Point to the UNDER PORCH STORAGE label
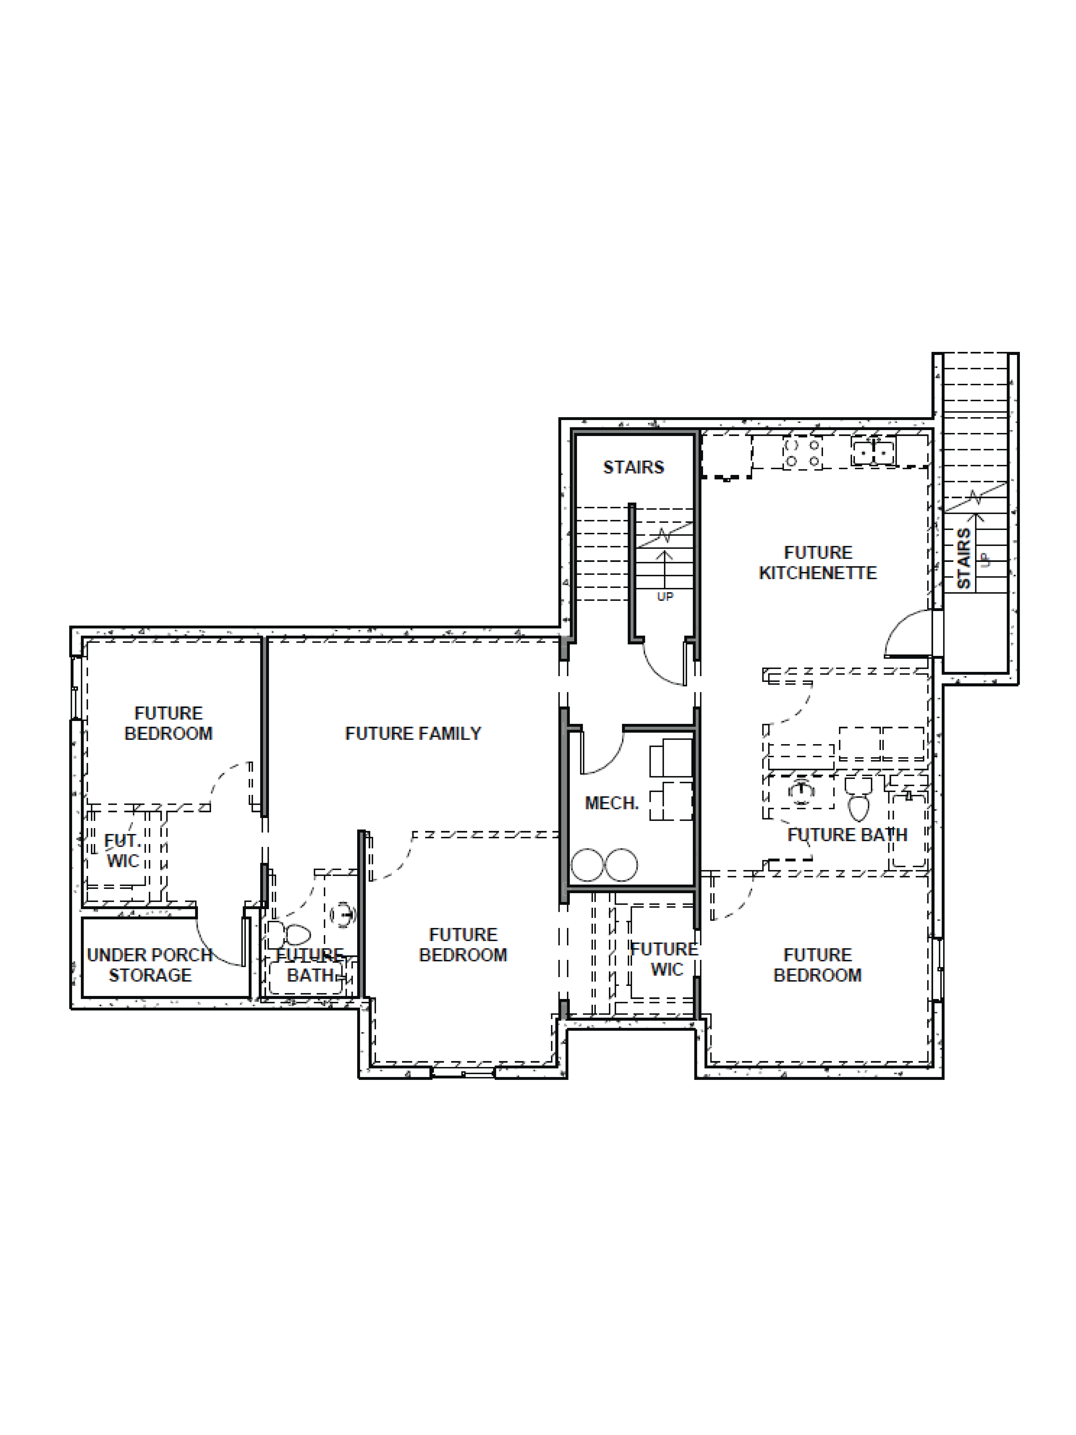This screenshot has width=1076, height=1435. click(150, 965)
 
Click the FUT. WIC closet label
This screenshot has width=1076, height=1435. click(123, 851)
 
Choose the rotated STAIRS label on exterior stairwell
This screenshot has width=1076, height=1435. click(964, 558)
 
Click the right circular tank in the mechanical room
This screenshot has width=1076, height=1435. click(621, 865)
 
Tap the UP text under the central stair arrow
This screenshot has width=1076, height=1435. click(665, 596)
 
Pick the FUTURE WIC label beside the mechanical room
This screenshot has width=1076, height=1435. click(665, 959)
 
